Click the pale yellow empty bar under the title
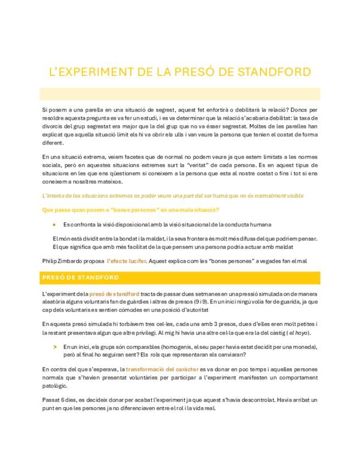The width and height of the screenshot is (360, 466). pyautogui.click(x=180, y=93)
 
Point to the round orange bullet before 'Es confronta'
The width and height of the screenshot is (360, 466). pyautogui.click(x=54, y=225)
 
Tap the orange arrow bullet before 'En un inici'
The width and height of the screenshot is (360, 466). pyautogui.click(x=54, y=347)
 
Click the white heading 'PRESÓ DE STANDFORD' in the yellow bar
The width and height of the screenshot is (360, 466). pyautogui.click(x=80, y=278)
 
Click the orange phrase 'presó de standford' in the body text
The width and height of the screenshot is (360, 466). pyautogui.click(x=114, y=294)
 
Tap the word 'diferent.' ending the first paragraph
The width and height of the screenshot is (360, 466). pyautogui.click(x=53, y=143)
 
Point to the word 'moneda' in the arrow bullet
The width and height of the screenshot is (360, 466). pyautogui.click(x=305, y=347)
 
